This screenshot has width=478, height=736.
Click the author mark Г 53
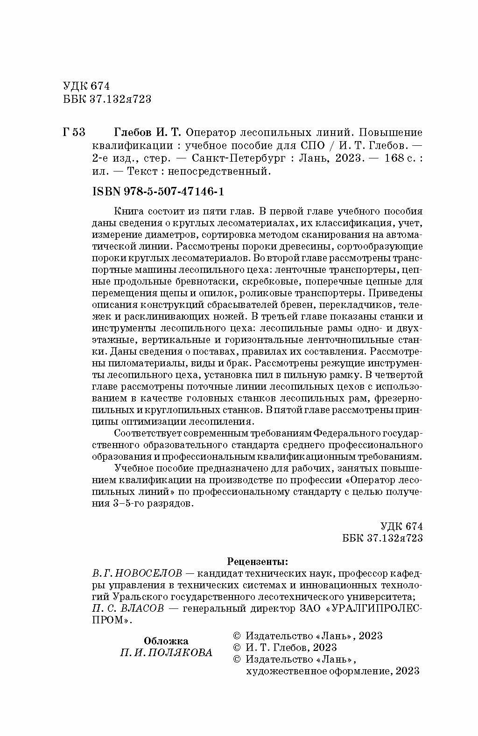tap(73, 132)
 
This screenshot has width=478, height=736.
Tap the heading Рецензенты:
tap(257, 560)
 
